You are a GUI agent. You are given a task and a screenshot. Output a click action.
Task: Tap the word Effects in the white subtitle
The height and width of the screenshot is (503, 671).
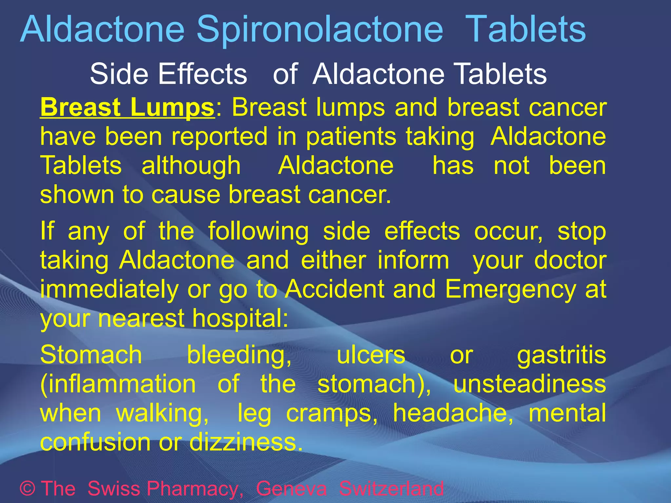pyautogui.click(x=202, y=74)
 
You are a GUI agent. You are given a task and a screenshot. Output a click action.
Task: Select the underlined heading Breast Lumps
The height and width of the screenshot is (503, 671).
pyautogui.click(x=127, y=107)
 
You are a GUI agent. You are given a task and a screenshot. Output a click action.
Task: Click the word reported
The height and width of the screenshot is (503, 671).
pyautogui.click(x=220, y=137)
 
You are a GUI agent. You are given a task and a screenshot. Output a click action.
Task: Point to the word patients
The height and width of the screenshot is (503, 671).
pyautogui.click(x=351, y=137)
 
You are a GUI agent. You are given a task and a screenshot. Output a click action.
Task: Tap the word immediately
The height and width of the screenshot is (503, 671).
pyautogui.click(x=109, y=289)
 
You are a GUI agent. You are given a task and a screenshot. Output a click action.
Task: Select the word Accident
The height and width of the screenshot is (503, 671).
pyautogui.click(x=335, y=289)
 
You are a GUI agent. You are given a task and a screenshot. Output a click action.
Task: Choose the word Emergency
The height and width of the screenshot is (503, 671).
pyautogui.click(x=510, y=289)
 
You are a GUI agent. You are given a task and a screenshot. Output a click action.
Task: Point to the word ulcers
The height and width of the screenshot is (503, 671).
pyautogui.click(x=371, y=355)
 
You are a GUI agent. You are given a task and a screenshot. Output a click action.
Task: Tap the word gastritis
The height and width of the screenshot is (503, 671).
pyautogui.click(x=562, y=355)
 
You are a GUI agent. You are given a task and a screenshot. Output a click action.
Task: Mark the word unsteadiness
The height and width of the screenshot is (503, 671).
pyautogui.click(x=529, y=384)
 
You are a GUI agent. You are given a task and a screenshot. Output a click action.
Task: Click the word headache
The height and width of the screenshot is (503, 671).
pyautogui.click(x=453, y=413)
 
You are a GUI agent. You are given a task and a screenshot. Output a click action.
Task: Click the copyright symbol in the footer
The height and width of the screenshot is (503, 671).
pyautogui.click(x=28, y=489)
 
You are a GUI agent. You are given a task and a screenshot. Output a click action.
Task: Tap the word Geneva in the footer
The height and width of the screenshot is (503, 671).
pyautogui.click(x=291, y=489)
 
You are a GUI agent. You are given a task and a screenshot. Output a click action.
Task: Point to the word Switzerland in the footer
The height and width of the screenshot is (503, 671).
pyautogui.click(x=391, y=489)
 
